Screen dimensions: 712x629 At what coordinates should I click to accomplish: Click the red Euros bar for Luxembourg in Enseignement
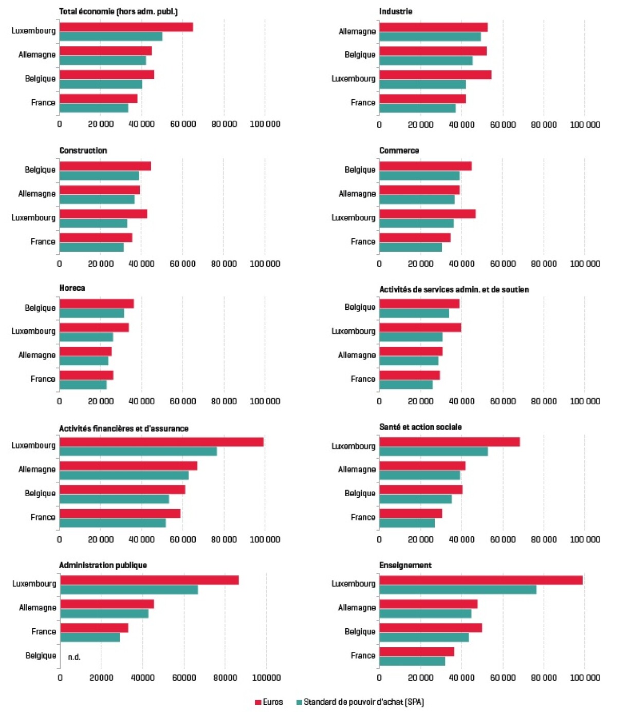(x=480, y=580)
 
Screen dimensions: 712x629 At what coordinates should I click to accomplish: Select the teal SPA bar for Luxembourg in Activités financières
(x=138, y=452)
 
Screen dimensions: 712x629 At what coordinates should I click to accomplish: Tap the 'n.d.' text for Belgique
(x=74, y=657)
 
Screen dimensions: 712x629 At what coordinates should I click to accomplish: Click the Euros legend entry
(x=269, y=702)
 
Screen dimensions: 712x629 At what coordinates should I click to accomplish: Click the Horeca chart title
(x=72, y=288)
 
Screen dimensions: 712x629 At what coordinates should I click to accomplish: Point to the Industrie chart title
(x=395, y=11)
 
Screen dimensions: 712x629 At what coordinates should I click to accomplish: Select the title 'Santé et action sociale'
(x=420, y=427)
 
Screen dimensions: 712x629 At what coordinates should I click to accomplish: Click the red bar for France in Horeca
(x=86, y=375)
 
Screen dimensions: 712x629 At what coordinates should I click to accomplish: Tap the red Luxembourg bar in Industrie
(x=435, y=74)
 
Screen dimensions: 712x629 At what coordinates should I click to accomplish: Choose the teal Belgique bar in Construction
(x=99, y=176)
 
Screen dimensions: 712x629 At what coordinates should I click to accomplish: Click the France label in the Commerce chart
(x=363, y=241)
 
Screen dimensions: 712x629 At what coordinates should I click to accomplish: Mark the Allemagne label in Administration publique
(x=38, y=607)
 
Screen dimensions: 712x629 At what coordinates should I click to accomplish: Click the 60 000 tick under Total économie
(x=182, y=124)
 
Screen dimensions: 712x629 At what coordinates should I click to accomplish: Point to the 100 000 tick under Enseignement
(x=585, y=678)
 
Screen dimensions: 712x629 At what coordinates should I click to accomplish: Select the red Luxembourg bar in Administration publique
(x=149, y=580)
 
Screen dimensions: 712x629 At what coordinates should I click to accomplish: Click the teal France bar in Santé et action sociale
(x=406, y=523)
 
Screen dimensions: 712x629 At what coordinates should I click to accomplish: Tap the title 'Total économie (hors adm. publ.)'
(x=118, y=11)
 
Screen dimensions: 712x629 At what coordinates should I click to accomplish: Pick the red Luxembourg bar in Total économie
(x=126, y=27)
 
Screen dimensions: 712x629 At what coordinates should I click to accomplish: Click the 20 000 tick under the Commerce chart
(x=420, y=264)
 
